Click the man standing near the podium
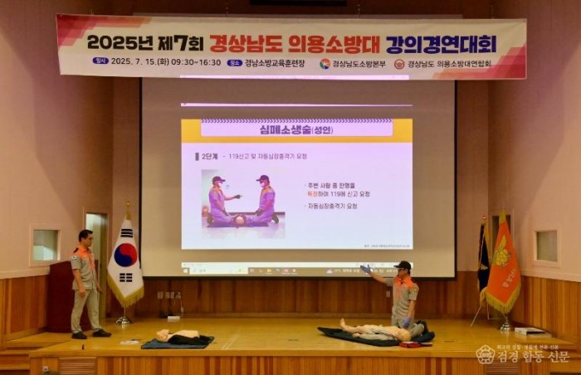[x=85, y=282]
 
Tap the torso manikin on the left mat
[x=179, y=337]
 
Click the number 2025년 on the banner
[x=120, y=42]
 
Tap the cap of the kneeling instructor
[x=403, y=265]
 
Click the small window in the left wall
[x=45, y=246]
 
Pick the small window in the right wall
[x=546, y=246]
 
